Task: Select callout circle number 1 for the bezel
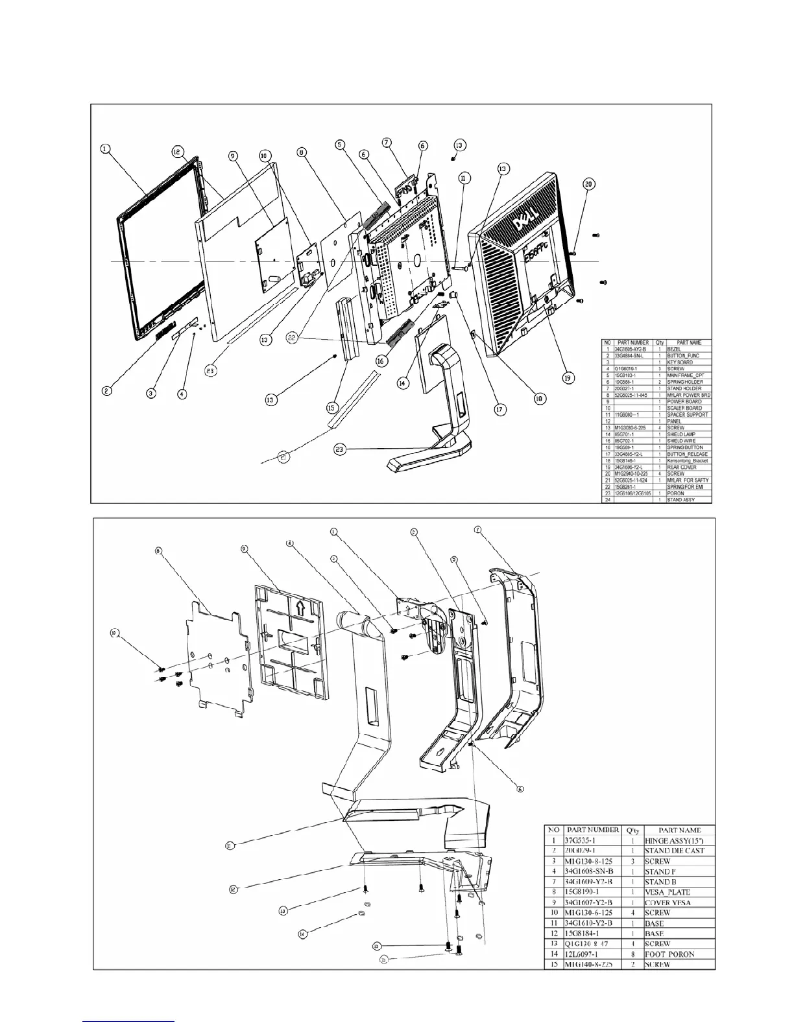click(x=105, y=149)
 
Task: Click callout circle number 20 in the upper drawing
click(x=588, y=184)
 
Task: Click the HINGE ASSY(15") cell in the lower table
click(x=678, y=840)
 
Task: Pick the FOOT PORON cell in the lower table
click(x=670, y=954)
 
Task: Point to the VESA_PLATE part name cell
click(x=668, y=892)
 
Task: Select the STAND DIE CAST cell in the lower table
click(x=675, y=850)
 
